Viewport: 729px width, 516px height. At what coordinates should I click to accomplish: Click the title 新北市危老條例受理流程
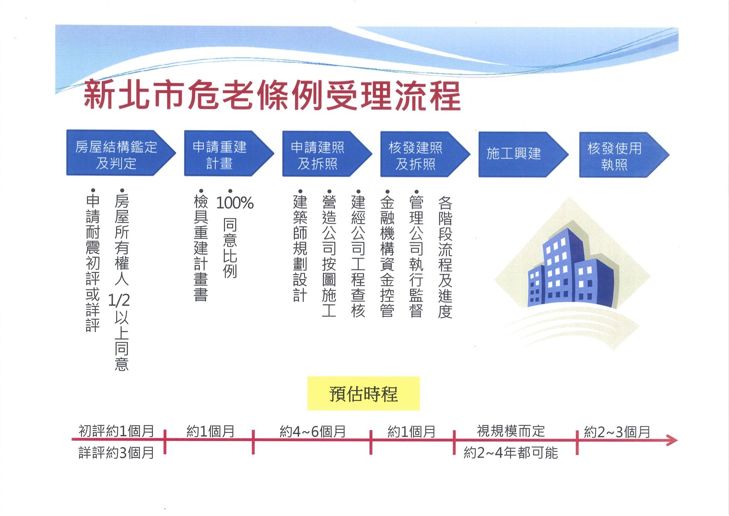[x=272, y=95]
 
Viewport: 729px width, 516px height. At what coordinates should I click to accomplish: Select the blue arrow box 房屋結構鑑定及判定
[x=121, y=153]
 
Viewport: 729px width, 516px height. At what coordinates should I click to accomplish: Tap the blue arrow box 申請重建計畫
[x=229, y=154]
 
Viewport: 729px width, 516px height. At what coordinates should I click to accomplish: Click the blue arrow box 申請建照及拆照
[x=327, y=154]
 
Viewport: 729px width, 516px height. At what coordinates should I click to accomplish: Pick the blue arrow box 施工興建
[x=523, y=154]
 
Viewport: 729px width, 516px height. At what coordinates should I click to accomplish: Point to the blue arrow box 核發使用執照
[x=624, y=155]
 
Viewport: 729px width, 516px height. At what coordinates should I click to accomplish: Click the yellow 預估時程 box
[x=364, y=394]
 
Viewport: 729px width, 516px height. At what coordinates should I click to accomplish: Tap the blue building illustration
[x=572, y=270]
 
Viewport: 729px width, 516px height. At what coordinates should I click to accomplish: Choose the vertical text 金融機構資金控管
[x=387, y=254]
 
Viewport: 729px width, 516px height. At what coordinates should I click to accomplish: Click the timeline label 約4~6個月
[x=313, y=432]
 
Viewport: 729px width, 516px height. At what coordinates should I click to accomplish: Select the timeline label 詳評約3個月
[x=116, y=452]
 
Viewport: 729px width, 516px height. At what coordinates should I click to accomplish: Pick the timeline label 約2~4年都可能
[x=511, y=452]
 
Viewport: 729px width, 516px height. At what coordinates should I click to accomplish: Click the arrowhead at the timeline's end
[x=672, y=440]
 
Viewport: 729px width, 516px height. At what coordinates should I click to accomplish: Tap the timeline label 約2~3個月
[x=617, y=432]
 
